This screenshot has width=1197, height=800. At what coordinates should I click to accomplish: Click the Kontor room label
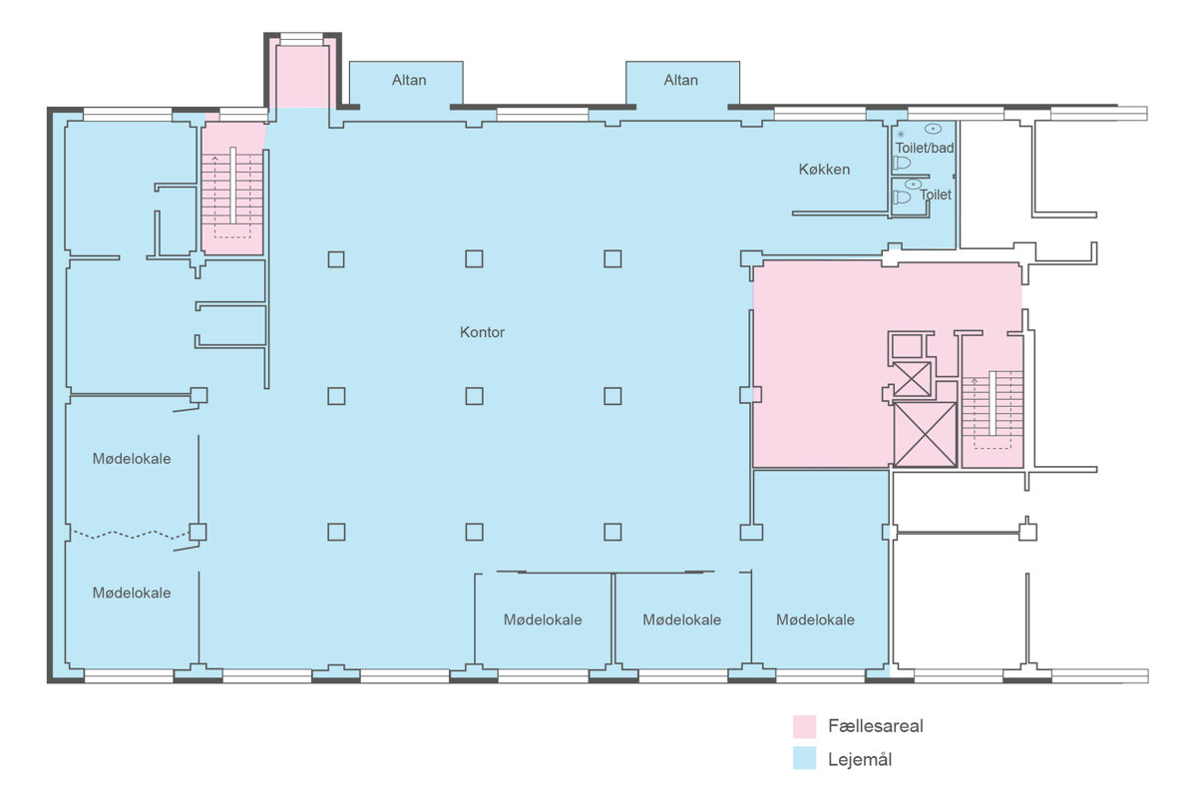(482, 332)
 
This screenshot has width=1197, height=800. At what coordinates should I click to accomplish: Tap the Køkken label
(824, 170)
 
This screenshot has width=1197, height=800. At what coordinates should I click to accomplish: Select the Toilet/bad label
(925, 148)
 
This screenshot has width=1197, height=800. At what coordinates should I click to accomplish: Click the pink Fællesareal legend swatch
(804, 726)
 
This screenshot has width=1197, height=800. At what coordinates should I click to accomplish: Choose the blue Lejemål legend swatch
(804, 758)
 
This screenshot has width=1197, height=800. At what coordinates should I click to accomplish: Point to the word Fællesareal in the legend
(876, 726)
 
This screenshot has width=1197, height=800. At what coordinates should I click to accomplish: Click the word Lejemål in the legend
(860, 759)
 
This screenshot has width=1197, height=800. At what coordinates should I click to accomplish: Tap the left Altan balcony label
(409, 80)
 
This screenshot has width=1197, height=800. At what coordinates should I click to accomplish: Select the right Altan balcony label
(680, 80)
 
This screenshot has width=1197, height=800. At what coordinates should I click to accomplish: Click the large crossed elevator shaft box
(925, 435)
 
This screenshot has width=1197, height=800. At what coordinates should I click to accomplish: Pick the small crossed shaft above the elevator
(912, 379)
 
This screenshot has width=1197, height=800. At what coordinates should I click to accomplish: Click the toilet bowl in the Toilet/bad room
(902, 163)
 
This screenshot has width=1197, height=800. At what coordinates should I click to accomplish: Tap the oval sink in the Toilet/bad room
(933, 129)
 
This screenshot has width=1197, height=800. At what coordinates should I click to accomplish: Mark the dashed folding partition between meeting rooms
(131, 534)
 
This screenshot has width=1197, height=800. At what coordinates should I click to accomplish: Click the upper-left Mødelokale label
(132, 459)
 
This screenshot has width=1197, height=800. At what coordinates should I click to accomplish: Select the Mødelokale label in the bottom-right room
(815, 619)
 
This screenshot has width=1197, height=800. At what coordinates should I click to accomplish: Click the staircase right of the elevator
(993, 409)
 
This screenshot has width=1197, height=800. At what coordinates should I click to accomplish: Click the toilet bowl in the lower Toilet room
(902, 198)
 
